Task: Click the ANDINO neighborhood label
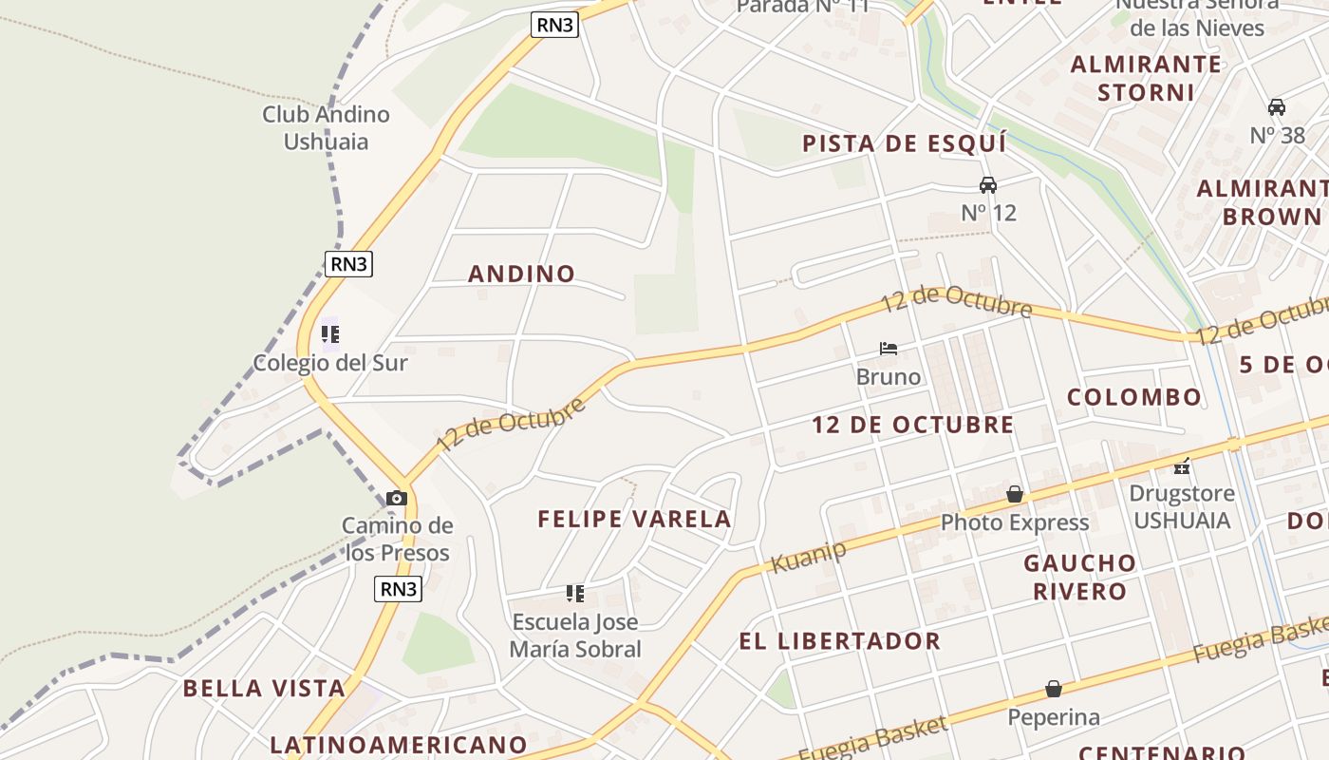coord(522,274)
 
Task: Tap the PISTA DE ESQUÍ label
coord(904,144)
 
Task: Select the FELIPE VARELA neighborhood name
coord(634,519)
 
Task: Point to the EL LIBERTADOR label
coord(840,640)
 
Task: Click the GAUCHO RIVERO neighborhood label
coord(1080,577)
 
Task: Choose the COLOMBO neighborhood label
coord(1134,397)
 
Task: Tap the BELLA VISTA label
coord(264,688)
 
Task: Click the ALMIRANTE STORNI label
coord(1146,78)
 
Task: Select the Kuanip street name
coord(808,557)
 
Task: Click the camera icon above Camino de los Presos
coord(397,498)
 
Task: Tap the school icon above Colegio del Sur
coord(330,333)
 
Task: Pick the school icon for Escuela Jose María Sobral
coord(575,594)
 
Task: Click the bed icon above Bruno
coord(889,349)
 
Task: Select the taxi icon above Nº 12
coord(988,184)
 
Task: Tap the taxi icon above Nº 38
coord(1277,106)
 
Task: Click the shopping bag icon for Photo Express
coord(1015,494)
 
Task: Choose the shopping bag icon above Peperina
coord(1054,689)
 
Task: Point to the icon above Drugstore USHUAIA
coord(1182,465)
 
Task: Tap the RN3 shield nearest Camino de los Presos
coord(399,589)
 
